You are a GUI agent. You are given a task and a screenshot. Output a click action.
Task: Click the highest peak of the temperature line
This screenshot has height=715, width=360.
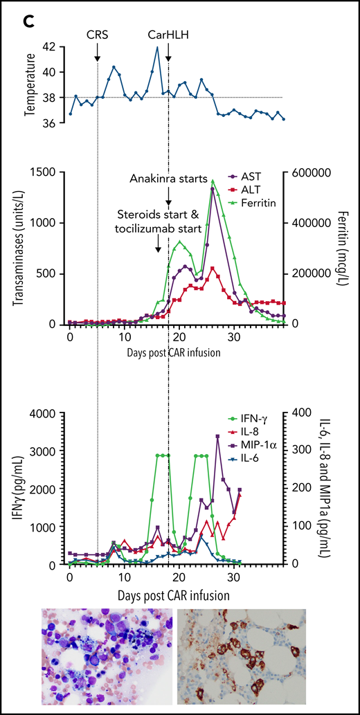(x=158, y=48)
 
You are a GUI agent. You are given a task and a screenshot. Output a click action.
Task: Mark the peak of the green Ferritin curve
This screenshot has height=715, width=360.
(x=213, y=181)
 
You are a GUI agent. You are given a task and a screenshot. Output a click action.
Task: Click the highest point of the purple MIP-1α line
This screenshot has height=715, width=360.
(x=217, y=436)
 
